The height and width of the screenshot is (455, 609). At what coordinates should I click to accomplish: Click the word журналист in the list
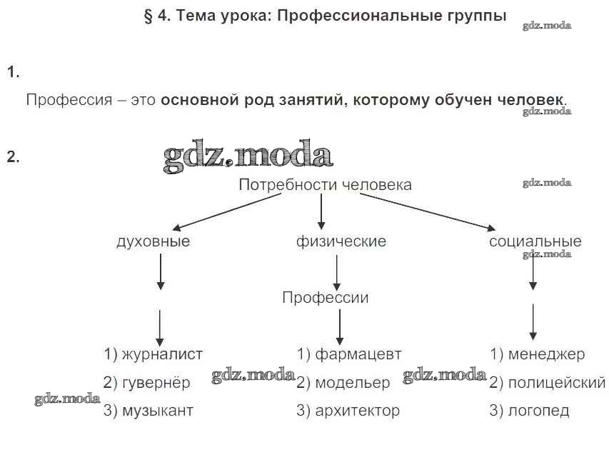[162, 354]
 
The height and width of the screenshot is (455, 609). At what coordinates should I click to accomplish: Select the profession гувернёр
[156, 383]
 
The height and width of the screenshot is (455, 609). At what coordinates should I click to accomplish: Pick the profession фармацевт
[359, 354]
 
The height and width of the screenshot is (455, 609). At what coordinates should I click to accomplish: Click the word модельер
[353, 384]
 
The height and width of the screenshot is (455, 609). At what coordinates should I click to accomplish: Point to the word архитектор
[357, 411]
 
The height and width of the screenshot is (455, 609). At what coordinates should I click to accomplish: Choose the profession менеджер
[547, 354]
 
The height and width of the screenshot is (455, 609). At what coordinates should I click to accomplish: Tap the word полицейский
[557, 384]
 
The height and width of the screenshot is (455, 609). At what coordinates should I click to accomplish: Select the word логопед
[539, 411]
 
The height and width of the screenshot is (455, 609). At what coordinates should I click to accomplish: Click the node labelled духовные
[153, 241]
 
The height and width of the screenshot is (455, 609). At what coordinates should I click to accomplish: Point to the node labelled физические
[341, 241]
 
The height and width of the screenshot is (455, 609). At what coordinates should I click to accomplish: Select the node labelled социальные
[535, 241]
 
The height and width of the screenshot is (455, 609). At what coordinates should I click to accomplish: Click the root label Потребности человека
[325, 185]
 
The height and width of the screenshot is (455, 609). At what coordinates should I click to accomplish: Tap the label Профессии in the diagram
[326, 298]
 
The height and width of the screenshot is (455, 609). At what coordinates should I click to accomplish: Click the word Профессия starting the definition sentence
[69, 100]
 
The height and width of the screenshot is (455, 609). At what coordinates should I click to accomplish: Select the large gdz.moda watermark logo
[248, 157]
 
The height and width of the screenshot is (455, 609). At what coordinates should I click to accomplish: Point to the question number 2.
[13, 157]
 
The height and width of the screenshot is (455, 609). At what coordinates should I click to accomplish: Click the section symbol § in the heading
[149, 16]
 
